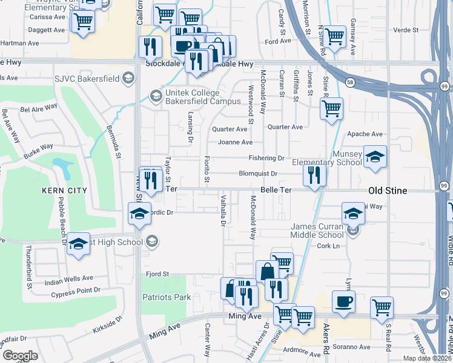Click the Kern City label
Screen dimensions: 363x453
pos(65,191)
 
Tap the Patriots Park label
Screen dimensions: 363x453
pos(167,297)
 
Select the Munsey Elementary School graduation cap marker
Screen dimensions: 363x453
pos(375,157)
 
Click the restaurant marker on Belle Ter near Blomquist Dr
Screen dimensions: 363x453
pos(314,175)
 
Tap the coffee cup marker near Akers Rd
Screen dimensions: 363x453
pos(343,302)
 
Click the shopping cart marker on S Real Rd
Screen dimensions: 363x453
pos(382,308)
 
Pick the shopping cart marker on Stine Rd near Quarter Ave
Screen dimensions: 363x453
pos(331,110)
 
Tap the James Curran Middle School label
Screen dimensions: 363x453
pos(313,231)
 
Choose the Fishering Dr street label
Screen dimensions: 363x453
pos(266,158)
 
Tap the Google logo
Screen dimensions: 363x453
pos(20,356)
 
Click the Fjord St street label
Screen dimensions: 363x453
pos(157,274)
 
